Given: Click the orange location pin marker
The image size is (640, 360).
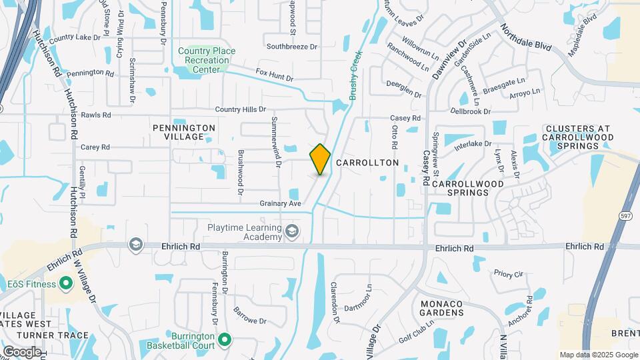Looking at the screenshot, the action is pos(321,159).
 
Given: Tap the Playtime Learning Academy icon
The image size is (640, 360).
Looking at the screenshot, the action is pos(291,231).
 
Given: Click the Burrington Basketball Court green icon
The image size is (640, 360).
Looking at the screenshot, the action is pos(225,340).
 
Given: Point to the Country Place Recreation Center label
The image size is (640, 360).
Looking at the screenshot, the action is pos(203,60).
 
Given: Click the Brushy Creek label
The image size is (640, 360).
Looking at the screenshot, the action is pos(356,75).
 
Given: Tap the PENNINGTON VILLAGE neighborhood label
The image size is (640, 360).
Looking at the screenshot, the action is pos(184,132).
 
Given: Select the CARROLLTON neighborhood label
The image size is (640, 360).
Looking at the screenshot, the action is pos(367,163).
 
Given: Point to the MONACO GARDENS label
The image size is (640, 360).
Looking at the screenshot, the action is pos(441,308).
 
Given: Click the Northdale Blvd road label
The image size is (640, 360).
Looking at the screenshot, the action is pos(526,39).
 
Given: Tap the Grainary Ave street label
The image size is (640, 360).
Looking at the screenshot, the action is pos(281,203).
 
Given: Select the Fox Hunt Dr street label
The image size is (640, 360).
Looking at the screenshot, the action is pos(275,74).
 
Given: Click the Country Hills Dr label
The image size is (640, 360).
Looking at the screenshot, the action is pos(240,109).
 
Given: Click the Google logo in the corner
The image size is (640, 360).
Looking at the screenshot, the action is pos(21,351).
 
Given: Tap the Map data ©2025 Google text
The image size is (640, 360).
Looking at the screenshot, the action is pos(599,355).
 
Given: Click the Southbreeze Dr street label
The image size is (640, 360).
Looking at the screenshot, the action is pos(292,47).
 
